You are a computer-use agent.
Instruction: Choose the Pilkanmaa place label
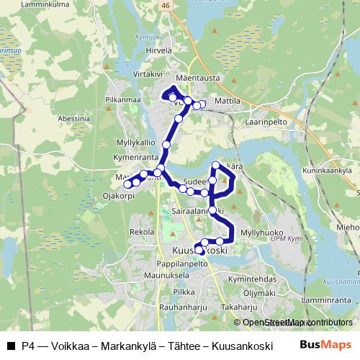click(120, 99)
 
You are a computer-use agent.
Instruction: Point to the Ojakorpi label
click(119, 195)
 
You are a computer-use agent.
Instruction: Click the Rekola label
click(141, 232)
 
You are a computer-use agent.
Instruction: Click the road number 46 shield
click(166, 5)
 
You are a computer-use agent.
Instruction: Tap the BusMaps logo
click(330, 346)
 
